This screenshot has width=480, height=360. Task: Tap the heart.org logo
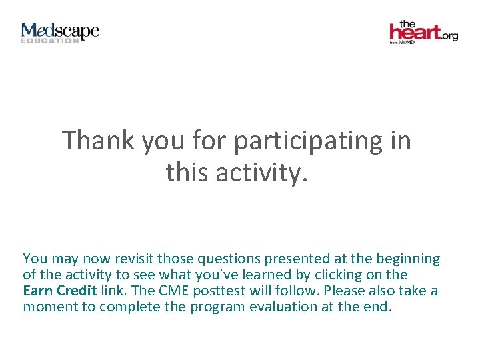tap(423, 31)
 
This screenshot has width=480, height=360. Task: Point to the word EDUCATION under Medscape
tap(49, 41)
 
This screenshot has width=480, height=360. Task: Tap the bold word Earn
tap(38, 291)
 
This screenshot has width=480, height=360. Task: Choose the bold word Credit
tap(77, 291)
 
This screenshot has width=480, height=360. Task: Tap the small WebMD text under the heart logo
tap(407, 42)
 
